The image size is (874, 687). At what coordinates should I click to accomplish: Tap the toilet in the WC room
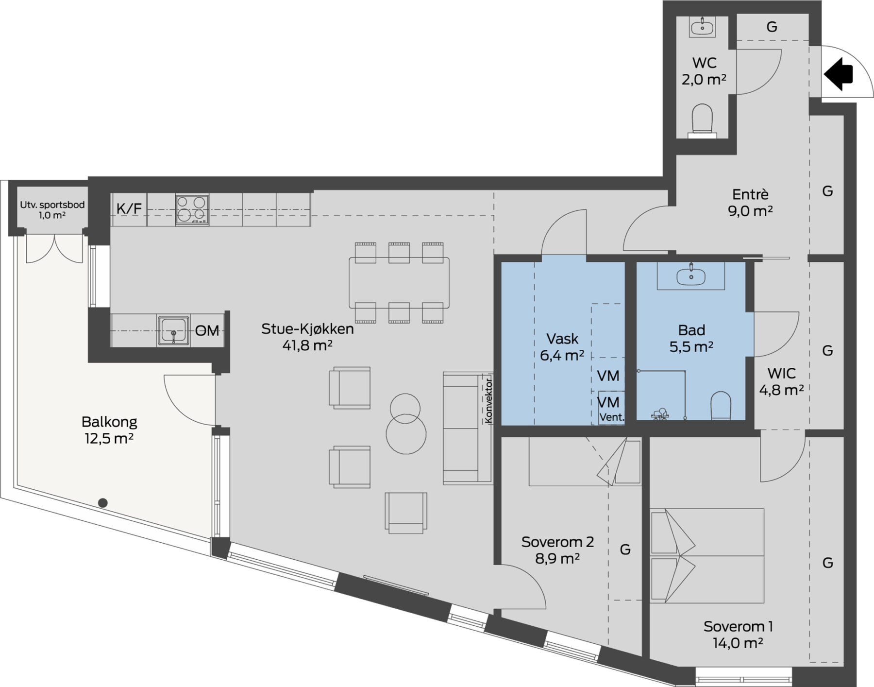[702, 120]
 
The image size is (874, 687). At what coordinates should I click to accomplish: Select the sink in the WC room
[702, 26]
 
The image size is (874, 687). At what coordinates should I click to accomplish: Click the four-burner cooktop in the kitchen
[192, 209]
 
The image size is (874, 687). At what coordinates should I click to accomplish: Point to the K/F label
[129, 209]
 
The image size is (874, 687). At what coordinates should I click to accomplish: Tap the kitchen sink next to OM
[173, 331]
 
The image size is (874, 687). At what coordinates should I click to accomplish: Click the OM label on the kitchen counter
[207, 331]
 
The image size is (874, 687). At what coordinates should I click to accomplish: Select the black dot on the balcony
[102, 503]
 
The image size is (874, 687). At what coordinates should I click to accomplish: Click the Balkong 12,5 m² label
[109, 430]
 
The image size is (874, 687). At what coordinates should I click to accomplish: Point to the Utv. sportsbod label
[52, 209]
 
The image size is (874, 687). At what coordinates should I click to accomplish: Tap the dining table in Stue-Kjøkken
[399, 283]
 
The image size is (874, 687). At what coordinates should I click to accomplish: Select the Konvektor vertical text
[488, 400]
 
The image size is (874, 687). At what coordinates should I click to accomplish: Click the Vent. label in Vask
[612, 417]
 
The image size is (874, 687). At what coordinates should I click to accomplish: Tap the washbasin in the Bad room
[690, 275]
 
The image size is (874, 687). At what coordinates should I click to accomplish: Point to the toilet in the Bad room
[721, 406]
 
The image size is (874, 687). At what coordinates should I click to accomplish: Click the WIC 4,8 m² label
[781, 381]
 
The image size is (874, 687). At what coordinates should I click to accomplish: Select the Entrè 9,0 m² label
[750, 203]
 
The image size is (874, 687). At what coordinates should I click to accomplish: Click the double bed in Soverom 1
[707, 555]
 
